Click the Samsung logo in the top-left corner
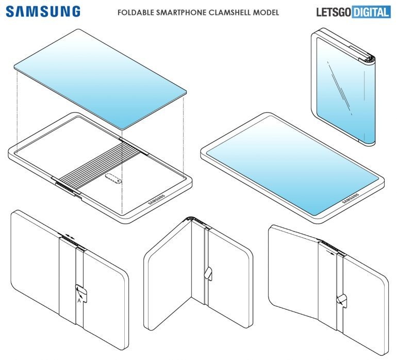(x=43, y=11)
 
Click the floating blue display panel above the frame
(x=101, y=77)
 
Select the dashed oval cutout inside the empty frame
(x=111, y=179)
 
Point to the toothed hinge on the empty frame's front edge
(x=65, y=184)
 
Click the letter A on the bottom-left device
(x=78, y=299)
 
